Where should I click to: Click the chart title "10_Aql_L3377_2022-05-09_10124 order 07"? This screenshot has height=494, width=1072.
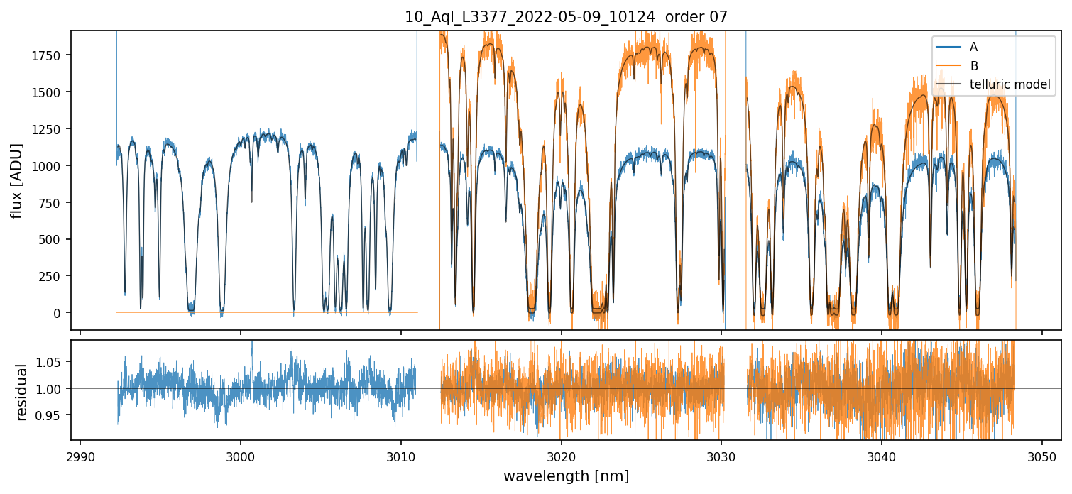(x=566, y=17)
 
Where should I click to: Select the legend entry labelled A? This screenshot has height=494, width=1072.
(x=973, y=47)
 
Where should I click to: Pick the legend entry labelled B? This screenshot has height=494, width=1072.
(x=973, y=66)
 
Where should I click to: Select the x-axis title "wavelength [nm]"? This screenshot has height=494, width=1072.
(x=566, y=476)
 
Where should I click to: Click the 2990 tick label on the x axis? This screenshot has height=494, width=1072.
(x=80, y=456)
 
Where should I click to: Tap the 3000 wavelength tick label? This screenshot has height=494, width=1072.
(x=241, y=456)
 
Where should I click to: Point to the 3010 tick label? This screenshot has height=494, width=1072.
(x=401, y=456)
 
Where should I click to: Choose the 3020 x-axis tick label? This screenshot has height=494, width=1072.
(x=562, y=456)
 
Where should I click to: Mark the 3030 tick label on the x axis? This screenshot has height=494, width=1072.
(x=721, y=456)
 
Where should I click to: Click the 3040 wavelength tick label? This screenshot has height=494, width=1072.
(x=882, y=456)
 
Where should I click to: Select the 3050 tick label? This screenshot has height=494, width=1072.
(x=1042, y=456)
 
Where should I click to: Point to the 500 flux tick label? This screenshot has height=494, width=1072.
(x=54, y=239)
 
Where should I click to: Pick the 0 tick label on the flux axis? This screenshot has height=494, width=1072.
(x=60, y=313)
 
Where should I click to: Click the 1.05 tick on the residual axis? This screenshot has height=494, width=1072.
(x=52, y=362)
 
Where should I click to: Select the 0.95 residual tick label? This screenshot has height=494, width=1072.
(x=52, y=415)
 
